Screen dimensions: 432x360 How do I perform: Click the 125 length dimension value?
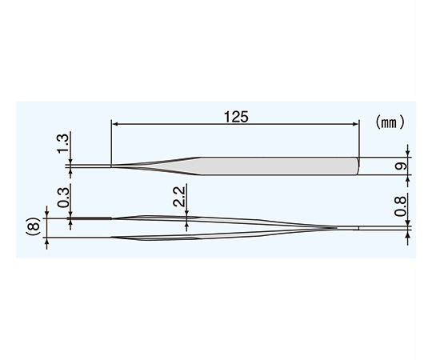point(236,117)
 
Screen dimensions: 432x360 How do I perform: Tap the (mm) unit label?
point(390,122)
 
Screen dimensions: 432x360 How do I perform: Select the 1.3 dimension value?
point(62,144)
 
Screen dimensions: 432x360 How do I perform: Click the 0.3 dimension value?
point(63,198)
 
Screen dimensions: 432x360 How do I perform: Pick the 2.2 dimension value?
point(179,197)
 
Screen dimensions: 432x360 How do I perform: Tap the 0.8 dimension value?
point(400,206)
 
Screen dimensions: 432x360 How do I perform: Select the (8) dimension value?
point(34,227)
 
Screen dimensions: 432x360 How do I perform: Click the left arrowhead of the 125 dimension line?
point(114,124)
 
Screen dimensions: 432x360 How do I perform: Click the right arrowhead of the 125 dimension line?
point(357,124)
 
